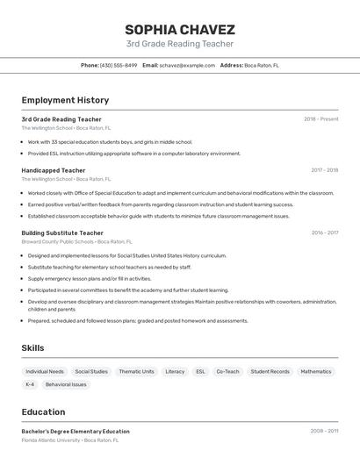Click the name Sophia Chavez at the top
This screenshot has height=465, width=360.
click(x=180, y=29)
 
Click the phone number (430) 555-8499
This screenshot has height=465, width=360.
click(x=119, y=65)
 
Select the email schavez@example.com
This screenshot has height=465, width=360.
click(x=187, y=65)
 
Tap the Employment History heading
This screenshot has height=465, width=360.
click(x=65, y=100)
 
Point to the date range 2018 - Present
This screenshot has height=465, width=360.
click(x=320, y=119)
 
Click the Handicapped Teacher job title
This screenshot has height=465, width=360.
click(x=54, y=170)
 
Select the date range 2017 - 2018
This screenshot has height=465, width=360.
click(x=324, y=170)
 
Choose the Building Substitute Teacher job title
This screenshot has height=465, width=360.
click(x=62, y=232)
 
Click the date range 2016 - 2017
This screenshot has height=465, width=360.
click(x=324, y=232)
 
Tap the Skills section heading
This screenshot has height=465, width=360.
click(x=32, y=348)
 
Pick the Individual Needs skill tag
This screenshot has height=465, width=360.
click(x=45, y=371)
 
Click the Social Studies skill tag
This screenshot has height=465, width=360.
click(x=91, y=371)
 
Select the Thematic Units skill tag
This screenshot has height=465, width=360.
click(x=136, y=371)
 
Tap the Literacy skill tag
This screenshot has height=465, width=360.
click(x=175, y=371)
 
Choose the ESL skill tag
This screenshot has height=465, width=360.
click(x=200, y=371)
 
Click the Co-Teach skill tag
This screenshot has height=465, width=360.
click(x=227, y=371)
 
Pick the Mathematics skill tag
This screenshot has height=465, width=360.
click(x=316, y=371)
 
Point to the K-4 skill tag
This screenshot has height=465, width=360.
click(x=30, y=384)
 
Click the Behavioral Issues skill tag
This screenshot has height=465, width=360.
click(x=66, y=384)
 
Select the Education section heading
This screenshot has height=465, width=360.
click(x=43, y=411)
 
